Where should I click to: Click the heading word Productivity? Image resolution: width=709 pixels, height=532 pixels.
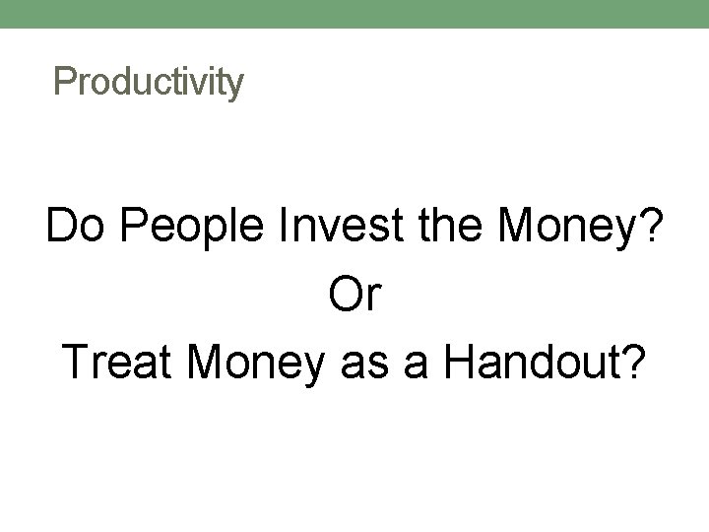(149, 82)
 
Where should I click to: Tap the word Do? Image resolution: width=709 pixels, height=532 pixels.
(72, 229)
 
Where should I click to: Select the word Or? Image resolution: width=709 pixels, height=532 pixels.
(354, 296)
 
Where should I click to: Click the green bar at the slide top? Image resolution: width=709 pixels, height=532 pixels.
(354, 14)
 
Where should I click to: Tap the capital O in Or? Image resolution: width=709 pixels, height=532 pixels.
(343, 296)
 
